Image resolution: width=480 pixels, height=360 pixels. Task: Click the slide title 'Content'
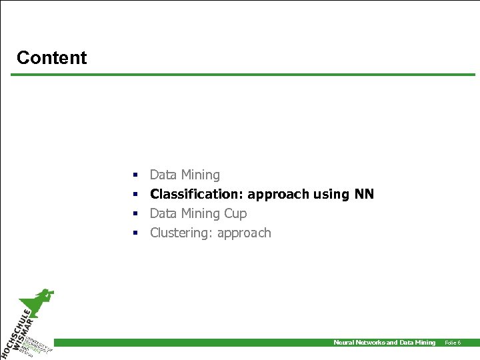(x=51, y=58)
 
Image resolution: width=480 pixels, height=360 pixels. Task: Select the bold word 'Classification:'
(x=197, y=194)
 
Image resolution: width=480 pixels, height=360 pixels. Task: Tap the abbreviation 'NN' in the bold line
(x=364, y=194)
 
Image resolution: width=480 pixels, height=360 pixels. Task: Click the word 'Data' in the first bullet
(x=163, y=175)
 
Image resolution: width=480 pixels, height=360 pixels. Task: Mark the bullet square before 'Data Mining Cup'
(x=135, y=214)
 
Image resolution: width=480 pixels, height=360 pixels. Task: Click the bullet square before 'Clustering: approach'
(x=135, y=233)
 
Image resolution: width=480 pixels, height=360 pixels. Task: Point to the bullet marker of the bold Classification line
(x=135, y=195)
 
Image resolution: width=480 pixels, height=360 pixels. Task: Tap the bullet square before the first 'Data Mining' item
(x=135, y=175)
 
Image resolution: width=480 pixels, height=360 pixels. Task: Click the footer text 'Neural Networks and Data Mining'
(x=384, y=343)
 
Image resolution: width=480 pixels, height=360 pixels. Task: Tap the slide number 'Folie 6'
(x=453, y=343)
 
